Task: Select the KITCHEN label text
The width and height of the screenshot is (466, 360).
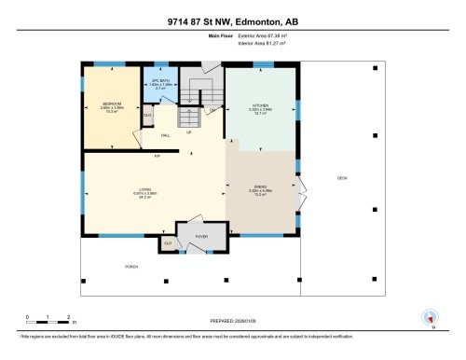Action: coord(260,105)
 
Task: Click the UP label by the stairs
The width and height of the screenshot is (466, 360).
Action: coord(191,132)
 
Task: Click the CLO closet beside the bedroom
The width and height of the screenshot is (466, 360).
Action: coord(148,115)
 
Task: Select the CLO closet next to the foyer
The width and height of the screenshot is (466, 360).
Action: coord(168,243)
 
